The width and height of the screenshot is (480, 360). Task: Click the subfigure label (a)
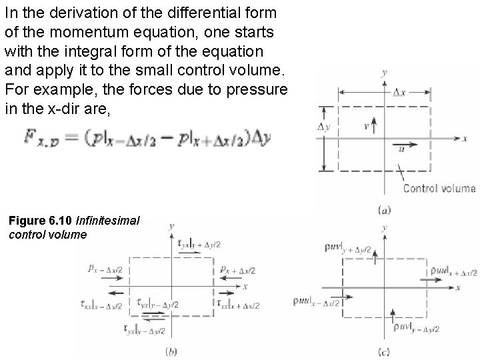point(385,211)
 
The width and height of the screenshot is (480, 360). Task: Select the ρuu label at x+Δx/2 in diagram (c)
point(451,271)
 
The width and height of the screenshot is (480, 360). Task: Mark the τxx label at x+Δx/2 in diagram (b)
point(238,305)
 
